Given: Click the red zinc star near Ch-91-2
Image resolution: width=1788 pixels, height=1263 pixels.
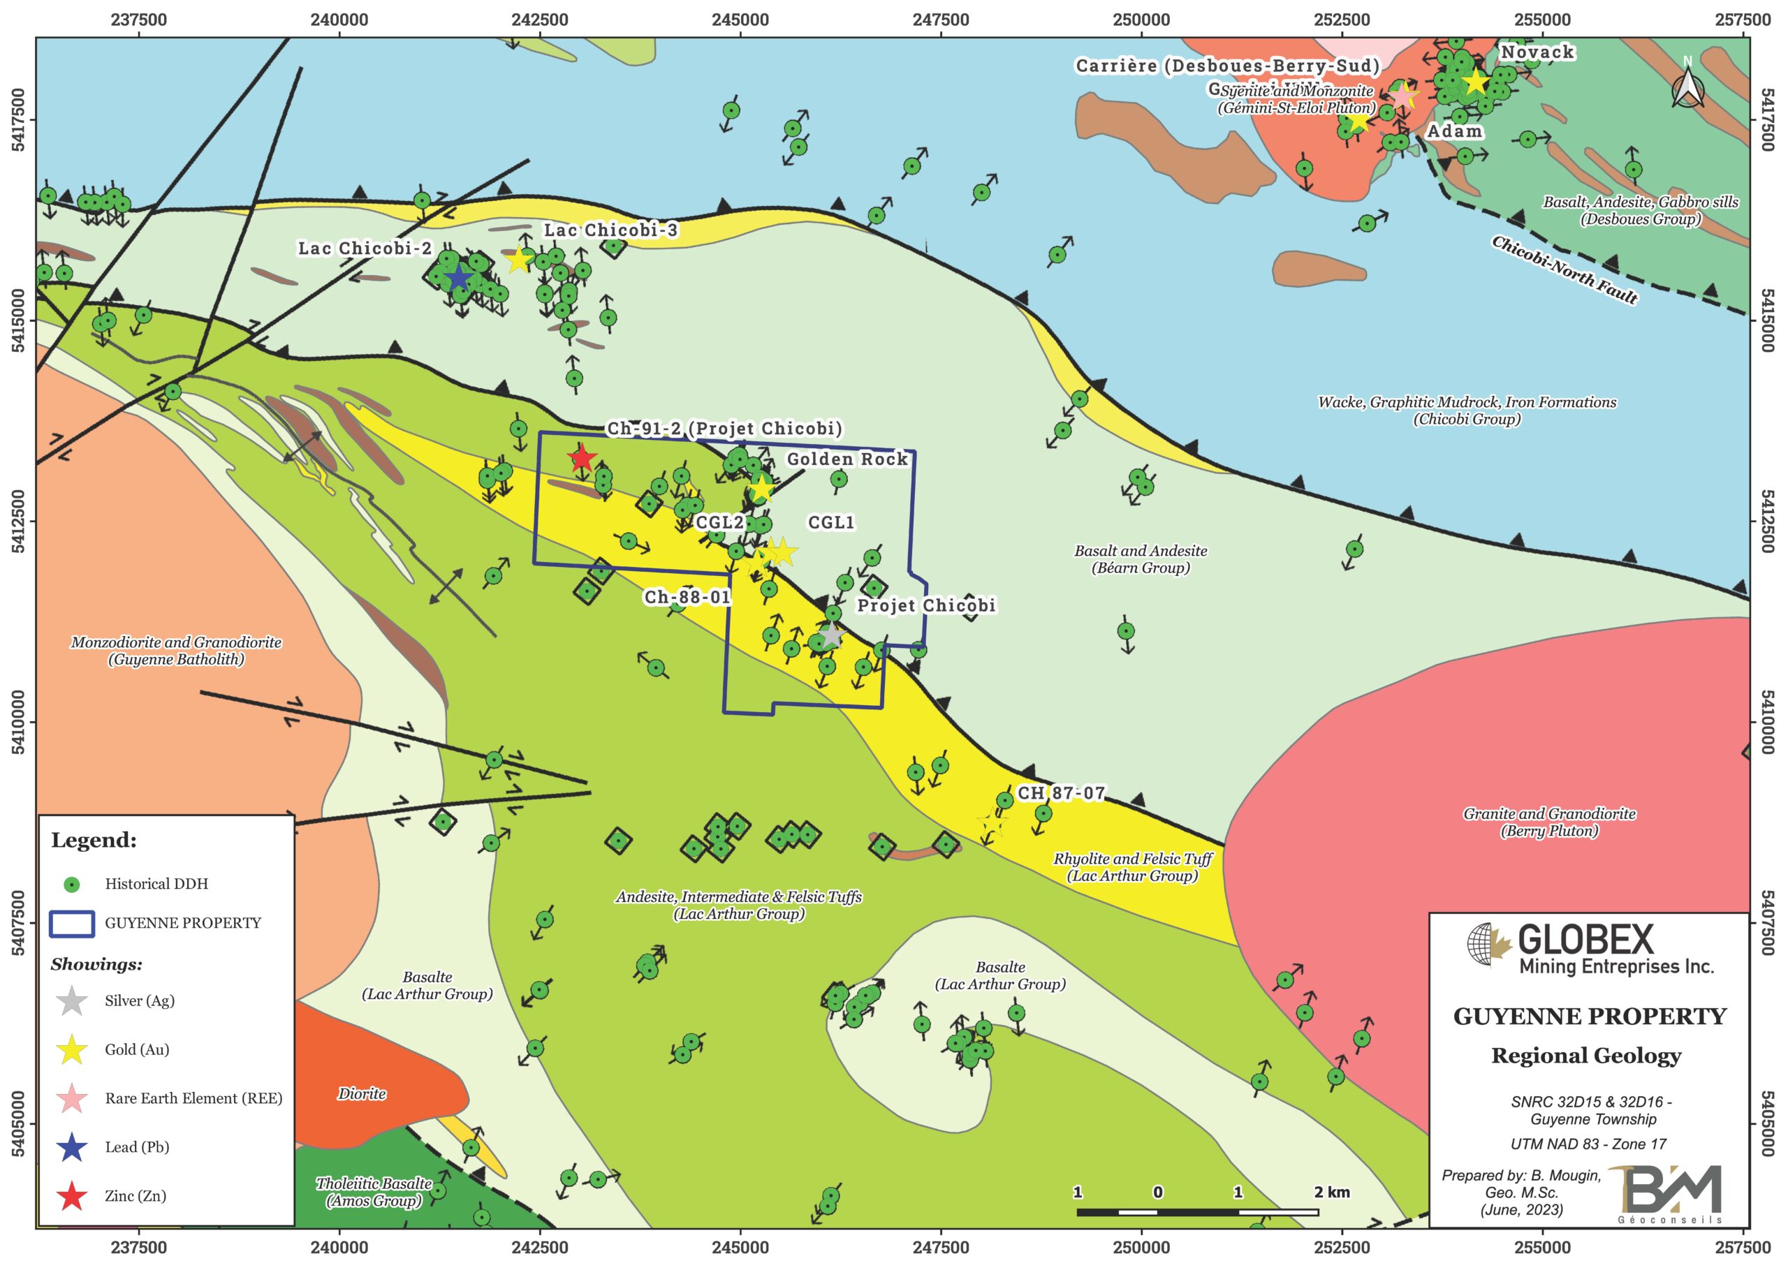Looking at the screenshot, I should coord(582,458).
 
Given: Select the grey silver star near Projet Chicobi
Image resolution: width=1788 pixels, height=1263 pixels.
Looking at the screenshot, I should coord(832,635).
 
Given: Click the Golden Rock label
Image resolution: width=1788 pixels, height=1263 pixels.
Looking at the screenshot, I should coord(847,459).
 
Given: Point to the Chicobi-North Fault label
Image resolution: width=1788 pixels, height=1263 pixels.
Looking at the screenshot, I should coord(1564,270).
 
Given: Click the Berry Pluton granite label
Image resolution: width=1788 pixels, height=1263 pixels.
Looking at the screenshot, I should coord(1549,822).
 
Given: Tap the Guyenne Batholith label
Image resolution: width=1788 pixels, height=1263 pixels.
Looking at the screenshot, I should coord(176,651).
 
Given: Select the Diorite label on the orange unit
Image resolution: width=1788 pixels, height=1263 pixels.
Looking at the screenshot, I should coord(362,1094).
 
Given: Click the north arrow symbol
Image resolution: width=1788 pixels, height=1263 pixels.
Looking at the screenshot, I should coord(1687,87).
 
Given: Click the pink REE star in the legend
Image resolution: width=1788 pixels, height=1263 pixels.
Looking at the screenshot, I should coord(73,1098).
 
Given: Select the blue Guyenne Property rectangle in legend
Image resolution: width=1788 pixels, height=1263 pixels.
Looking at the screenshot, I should coord(73,923).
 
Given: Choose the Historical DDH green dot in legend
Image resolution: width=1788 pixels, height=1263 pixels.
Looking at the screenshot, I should coord(73,884).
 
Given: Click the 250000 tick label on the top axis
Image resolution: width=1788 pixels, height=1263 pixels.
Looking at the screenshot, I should coord(1141,20).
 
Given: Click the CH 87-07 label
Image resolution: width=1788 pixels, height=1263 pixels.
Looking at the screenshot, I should coord(1062,793).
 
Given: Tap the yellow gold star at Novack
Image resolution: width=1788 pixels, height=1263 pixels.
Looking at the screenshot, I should coord(1474,82).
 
